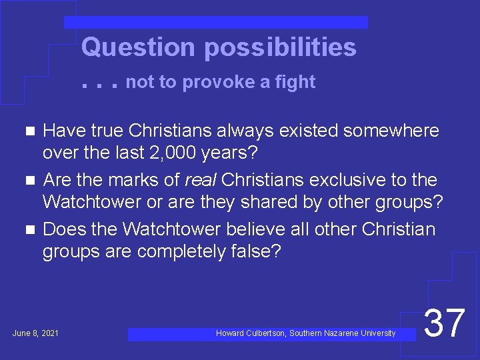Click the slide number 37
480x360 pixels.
tap(444, 323)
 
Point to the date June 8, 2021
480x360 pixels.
tap(35, 333)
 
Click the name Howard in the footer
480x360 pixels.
tap(230, 333)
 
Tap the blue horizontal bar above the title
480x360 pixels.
tap(216, 22)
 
